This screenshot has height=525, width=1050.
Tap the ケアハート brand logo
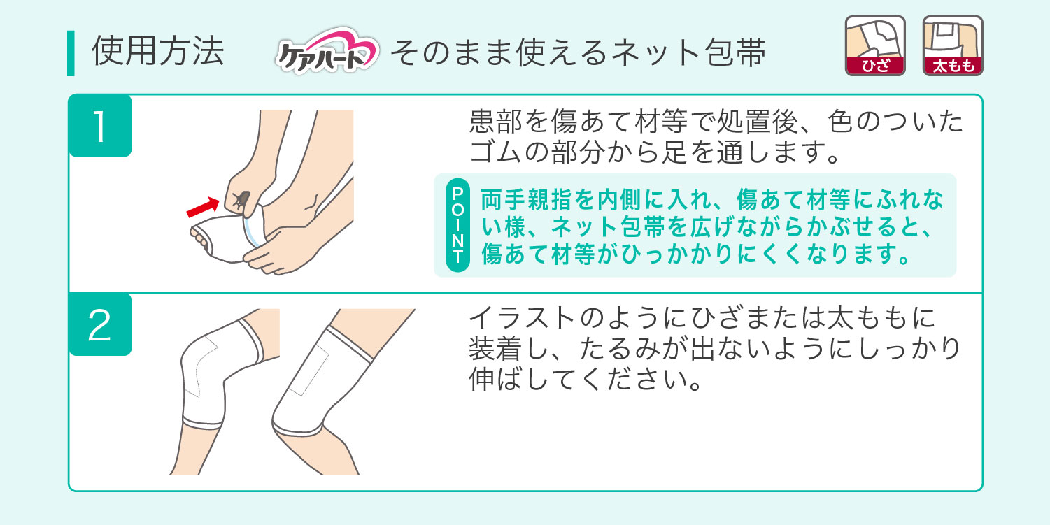tap(327, 50)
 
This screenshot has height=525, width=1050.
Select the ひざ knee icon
tap(875, 45)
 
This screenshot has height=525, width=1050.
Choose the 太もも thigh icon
tap(953, 45)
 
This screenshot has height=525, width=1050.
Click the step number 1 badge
tap(100, 126)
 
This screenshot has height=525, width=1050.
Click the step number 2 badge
tap(100, 324)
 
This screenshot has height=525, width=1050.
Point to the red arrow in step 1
tap(203, 207)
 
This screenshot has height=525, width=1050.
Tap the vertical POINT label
tap(457, 225)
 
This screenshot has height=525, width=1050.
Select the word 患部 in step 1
tap(495, 121)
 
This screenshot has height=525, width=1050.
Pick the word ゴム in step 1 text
tap(495, 152)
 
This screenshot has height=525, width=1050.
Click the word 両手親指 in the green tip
tap(527, 199)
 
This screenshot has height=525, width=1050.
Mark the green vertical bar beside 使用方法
tap(71, 53)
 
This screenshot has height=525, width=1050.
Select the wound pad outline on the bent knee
tap(202, 366)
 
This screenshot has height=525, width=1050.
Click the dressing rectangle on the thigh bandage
tap(308, 370)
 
